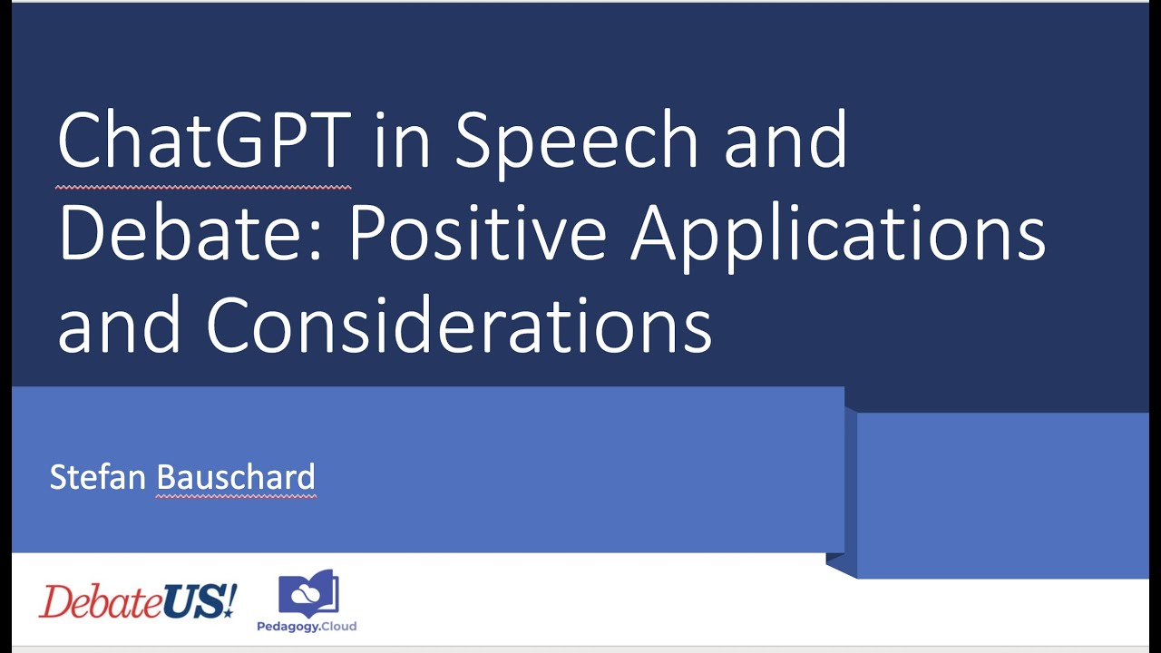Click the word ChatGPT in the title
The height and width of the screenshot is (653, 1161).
pyautogui.click(x=203, y=141)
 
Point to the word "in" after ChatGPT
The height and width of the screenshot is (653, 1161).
pyautogui.click(x=402, y=141)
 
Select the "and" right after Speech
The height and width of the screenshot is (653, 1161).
pyautogui.click(x=785, y=141)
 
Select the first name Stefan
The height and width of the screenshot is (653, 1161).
pyautogui.click(x=99, y=477)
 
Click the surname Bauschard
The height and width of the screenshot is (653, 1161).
pyautogui.click(x=236, y=477)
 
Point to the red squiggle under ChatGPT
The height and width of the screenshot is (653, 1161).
pyautogui.click(x=203, y=188)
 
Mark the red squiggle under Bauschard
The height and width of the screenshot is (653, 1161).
pyautogui.click(x=236, y=496)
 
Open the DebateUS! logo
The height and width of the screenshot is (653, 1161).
pyautogui.click(x=137, y=600)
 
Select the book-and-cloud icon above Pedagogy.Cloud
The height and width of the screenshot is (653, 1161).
pyautogui.click(x=309, y=593)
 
